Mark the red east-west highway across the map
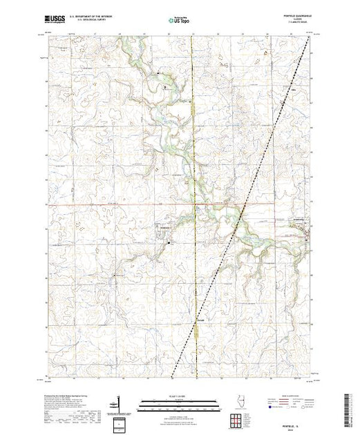[x=104, y=205]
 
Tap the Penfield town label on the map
[x=164, y=229]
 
